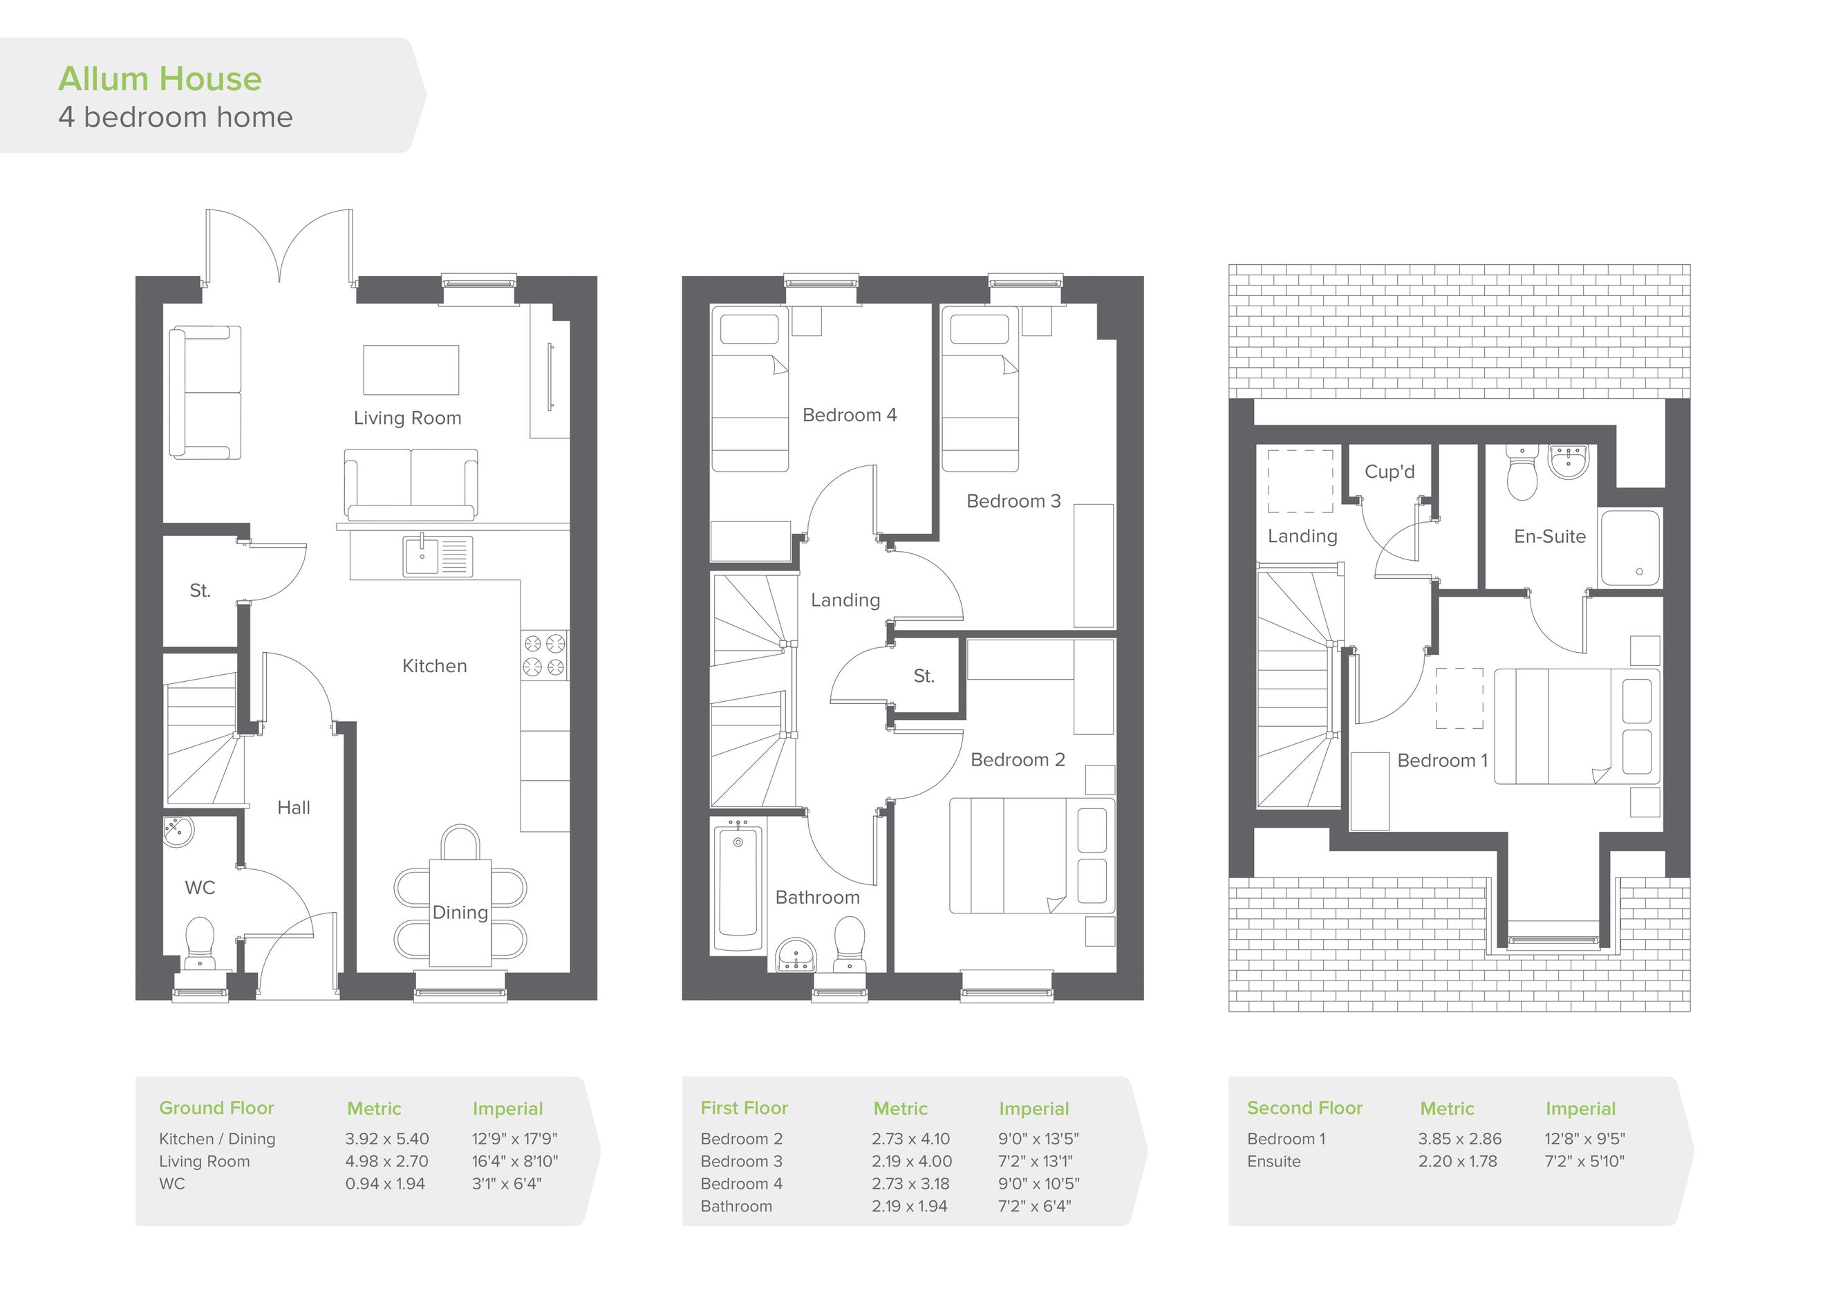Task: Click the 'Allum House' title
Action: tap(160, 79)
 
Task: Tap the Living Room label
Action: tap(407, 418)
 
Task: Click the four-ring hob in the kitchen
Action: tap(545, 656)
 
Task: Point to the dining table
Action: tap(460, 913)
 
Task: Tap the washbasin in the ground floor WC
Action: tap(178, 832)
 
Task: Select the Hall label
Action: tap(293, 808)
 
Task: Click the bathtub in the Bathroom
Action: tap(738, 887)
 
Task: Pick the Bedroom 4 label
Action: tap(849, 415)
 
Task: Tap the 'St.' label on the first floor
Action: tap(923, 676)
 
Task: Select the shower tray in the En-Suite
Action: tap(1629, 548)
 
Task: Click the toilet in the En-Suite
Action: tap(1522, 473)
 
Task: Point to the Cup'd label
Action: tap(1389, 472)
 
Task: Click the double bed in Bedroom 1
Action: tap(1577, 727)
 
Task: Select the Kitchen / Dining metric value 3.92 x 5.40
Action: tap(387, 1138)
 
